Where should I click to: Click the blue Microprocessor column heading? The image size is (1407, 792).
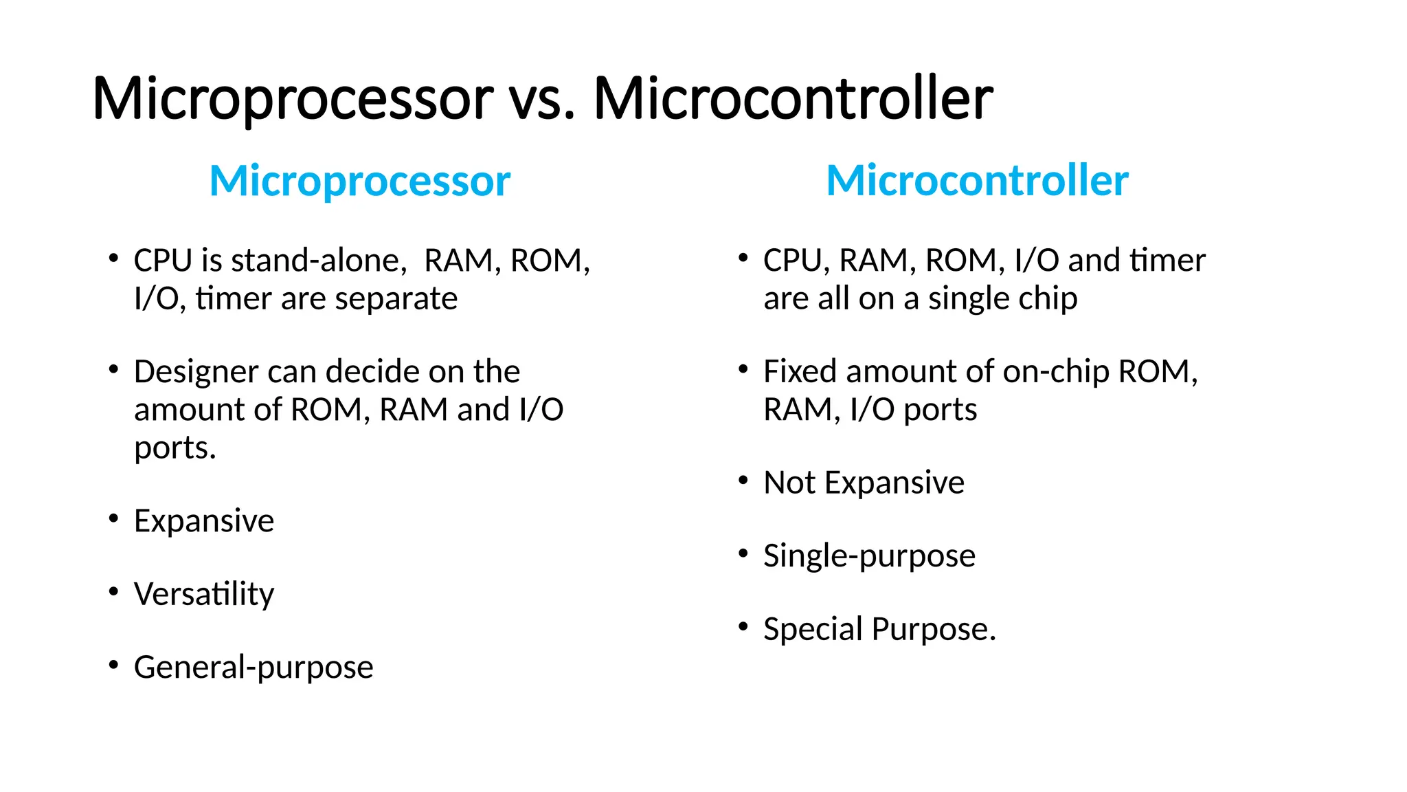click(x=359, y=181)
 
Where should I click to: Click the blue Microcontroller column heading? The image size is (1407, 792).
click(x=977, y=181)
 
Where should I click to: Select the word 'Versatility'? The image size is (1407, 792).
click(x=204, y=594)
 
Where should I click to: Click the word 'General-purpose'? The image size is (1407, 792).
click(x=254, y=667)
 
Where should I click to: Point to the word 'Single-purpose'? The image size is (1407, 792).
click(x=869, y=555)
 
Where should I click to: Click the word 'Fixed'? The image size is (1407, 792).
click(x=800, y=372)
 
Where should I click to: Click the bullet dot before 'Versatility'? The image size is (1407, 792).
click(x=113, y=591)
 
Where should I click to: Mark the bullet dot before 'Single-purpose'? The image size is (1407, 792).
click(x=743, y=553)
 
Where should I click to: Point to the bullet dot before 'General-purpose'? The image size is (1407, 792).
click(x=113, y=664)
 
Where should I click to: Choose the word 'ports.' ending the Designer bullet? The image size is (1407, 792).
click(x=175, y=448)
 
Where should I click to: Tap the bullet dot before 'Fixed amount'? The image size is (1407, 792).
click(x=743, y=369)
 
